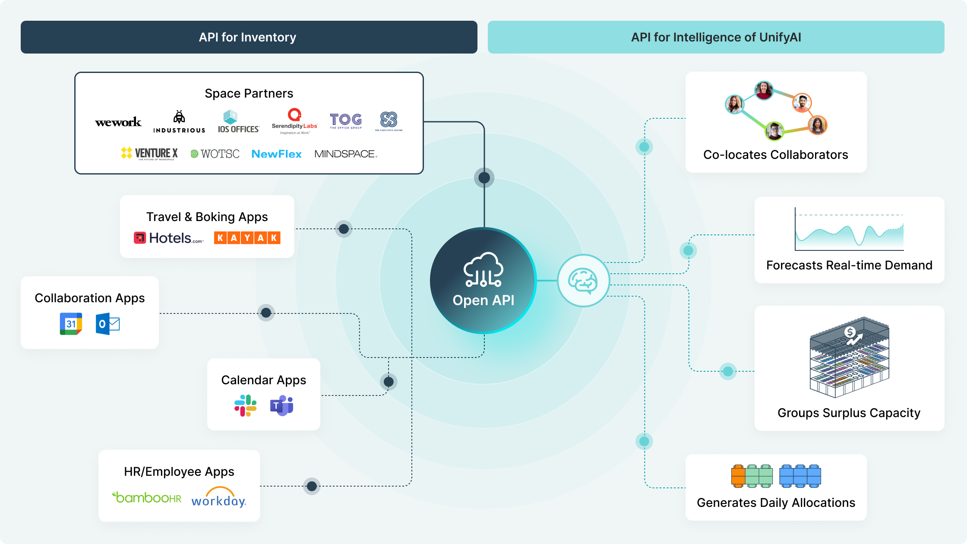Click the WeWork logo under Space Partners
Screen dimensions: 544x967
click(118, 122)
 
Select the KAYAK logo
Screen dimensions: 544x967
click(247, 238)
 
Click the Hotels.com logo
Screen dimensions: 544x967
click(168, 238)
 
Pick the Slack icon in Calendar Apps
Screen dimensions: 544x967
click(245, 405)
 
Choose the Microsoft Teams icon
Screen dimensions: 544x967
click(281, 405)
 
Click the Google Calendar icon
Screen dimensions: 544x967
click(71, 324)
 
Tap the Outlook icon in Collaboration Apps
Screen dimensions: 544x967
click(107, 324)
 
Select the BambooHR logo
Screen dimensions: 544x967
click(147, 497)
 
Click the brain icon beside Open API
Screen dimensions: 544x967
click(583, 281)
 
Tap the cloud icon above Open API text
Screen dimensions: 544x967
click(483, 270)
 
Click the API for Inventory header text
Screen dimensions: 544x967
click(247, 37)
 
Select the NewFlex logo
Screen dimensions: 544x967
click(276, 154)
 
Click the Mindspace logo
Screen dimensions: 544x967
click(345, 154)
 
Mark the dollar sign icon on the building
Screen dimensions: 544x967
click(850, 332)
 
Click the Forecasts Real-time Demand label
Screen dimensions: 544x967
click(849, 265)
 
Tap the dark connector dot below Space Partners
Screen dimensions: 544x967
click(484, 177)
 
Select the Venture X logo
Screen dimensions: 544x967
click(149, 153)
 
